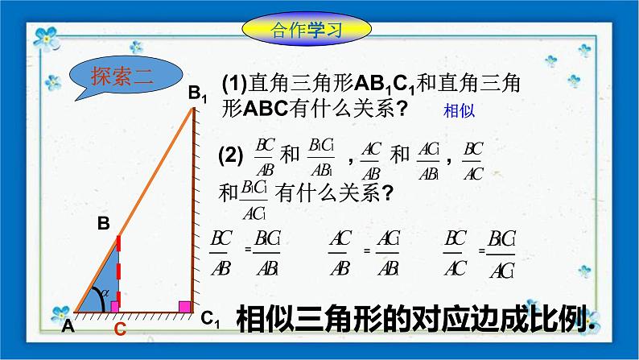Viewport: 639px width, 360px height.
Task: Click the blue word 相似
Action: (x=460, y=112)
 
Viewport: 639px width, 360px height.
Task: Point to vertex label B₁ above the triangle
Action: (x=197, y=94)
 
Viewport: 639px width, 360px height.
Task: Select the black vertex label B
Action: (x=103, y=225)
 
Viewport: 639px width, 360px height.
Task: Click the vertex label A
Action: (x=67, y=326)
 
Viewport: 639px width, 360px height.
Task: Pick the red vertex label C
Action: (x=119, y=329)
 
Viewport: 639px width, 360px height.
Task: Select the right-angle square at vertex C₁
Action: (x=184, y=306)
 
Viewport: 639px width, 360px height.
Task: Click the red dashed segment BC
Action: (x=118, y=270)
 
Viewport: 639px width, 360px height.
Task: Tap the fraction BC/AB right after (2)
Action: (x=265, y=157)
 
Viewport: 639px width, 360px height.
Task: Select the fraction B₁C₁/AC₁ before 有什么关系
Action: (x=254, y=198)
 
